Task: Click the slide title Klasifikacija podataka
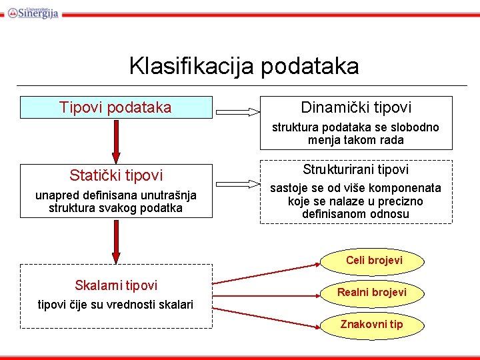243,66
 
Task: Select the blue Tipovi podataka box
115,107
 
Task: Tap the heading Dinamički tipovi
356,107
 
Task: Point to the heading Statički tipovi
116,175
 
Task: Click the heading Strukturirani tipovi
356,170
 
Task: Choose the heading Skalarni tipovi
116,285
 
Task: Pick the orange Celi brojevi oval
373,260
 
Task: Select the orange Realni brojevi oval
371,292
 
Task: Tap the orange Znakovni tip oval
371,325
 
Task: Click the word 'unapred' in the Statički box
55,195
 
